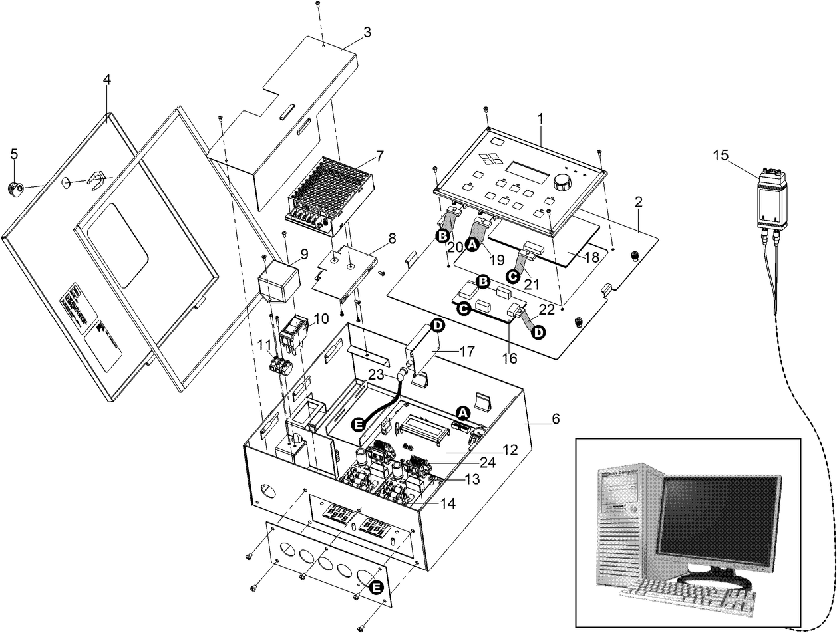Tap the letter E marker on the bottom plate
376,588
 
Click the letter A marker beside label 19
472,245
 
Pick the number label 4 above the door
106,80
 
